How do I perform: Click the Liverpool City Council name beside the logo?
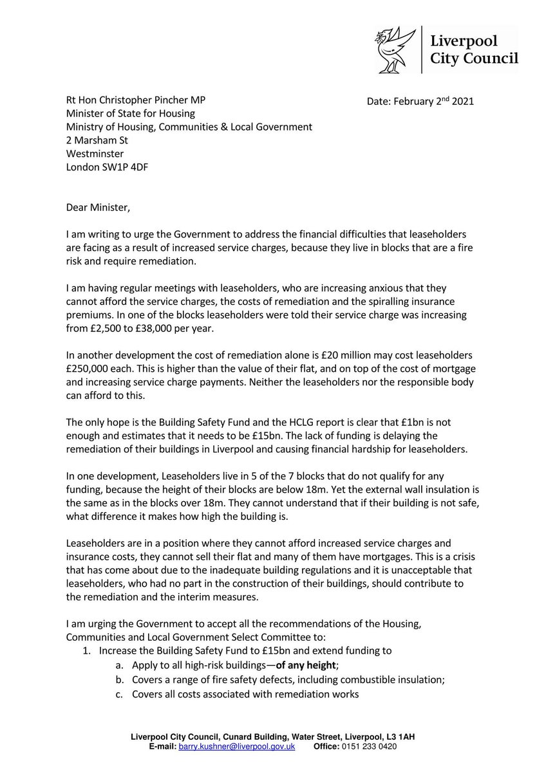tap(474, 50)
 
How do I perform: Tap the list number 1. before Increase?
tap(86, 650)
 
